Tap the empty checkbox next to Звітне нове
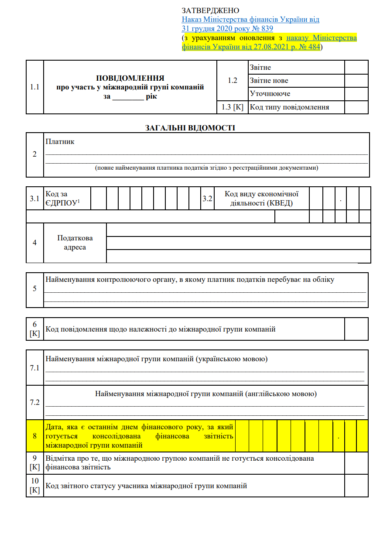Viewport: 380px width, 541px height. [356, 81]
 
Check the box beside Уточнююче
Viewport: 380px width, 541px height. [356, 94]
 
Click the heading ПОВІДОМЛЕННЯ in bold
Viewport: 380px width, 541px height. [130, 78]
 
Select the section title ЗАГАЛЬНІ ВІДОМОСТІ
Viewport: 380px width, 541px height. [190, 128]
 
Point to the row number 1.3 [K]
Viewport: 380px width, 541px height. [233, 107]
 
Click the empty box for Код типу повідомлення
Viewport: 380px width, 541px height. [356, 107]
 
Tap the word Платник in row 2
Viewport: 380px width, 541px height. [60, 141]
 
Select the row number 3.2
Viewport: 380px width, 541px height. [207, 199]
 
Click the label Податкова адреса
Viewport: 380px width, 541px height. [75, 243]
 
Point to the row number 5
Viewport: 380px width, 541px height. [35, 289]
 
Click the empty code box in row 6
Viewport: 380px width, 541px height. [356, 329]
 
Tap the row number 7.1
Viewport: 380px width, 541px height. [35, 368]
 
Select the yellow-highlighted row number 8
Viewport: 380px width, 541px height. [35, 436]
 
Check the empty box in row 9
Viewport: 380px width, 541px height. [356, 463]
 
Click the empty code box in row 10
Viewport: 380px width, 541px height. [356, 486]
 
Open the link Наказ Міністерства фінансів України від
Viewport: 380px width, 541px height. [250, 20]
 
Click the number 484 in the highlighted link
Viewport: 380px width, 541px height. [314, 47]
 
